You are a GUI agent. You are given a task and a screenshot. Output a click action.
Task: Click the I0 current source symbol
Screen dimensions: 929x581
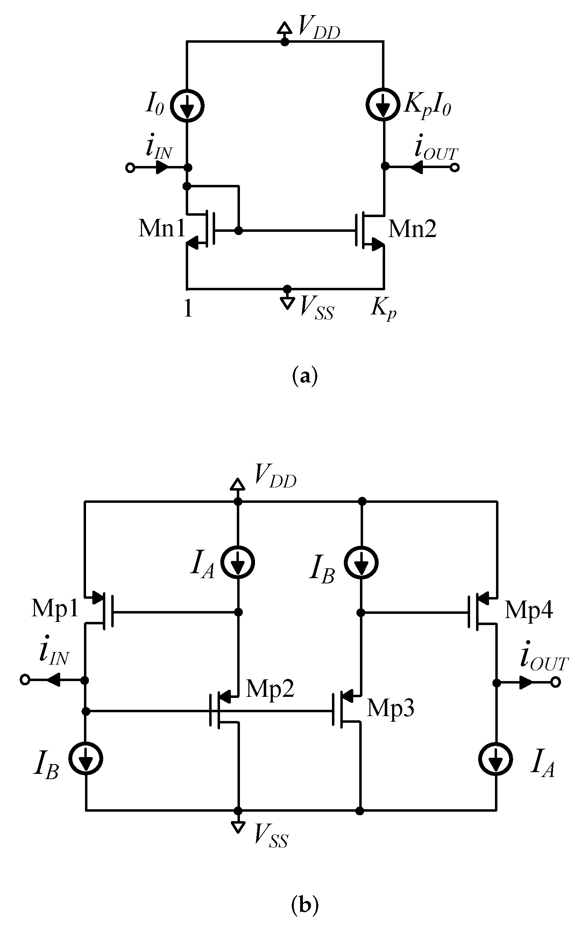pyautogui.click(x=187, y=105)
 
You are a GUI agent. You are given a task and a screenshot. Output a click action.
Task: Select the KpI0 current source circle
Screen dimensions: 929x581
pyautogui.click(x=383, y=105)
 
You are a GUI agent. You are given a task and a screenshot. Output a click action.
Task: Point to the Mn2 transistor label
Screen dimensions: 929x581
pyautogui.click(x=412, y=229)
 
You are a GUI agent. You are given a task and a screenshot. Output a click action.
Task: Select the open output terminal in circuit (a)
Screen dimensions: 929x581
pyautogui.click(x=455, y=167)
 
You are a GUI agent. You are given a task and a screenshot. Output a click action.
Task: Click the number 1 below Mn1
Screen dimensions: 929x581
pyautogui.click(x=188, y=308)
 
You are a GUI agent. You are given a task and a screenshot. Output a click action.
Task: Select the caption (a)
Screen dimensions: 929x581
pyautogui.click(x=305, y=376)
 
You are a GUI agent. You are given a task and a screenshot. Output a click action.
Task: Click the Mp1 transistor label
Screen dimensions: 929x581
pyautogui.click(x=55, y=608)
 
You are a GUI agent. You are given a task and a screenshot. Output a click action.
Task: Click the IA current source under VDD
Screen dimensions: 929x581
pyautogui.click(x=238, y=563)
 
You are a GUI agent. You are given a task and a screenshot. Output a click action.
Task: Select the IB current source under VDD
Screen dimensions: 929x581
pyautogui.click(x=361, y=563)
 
